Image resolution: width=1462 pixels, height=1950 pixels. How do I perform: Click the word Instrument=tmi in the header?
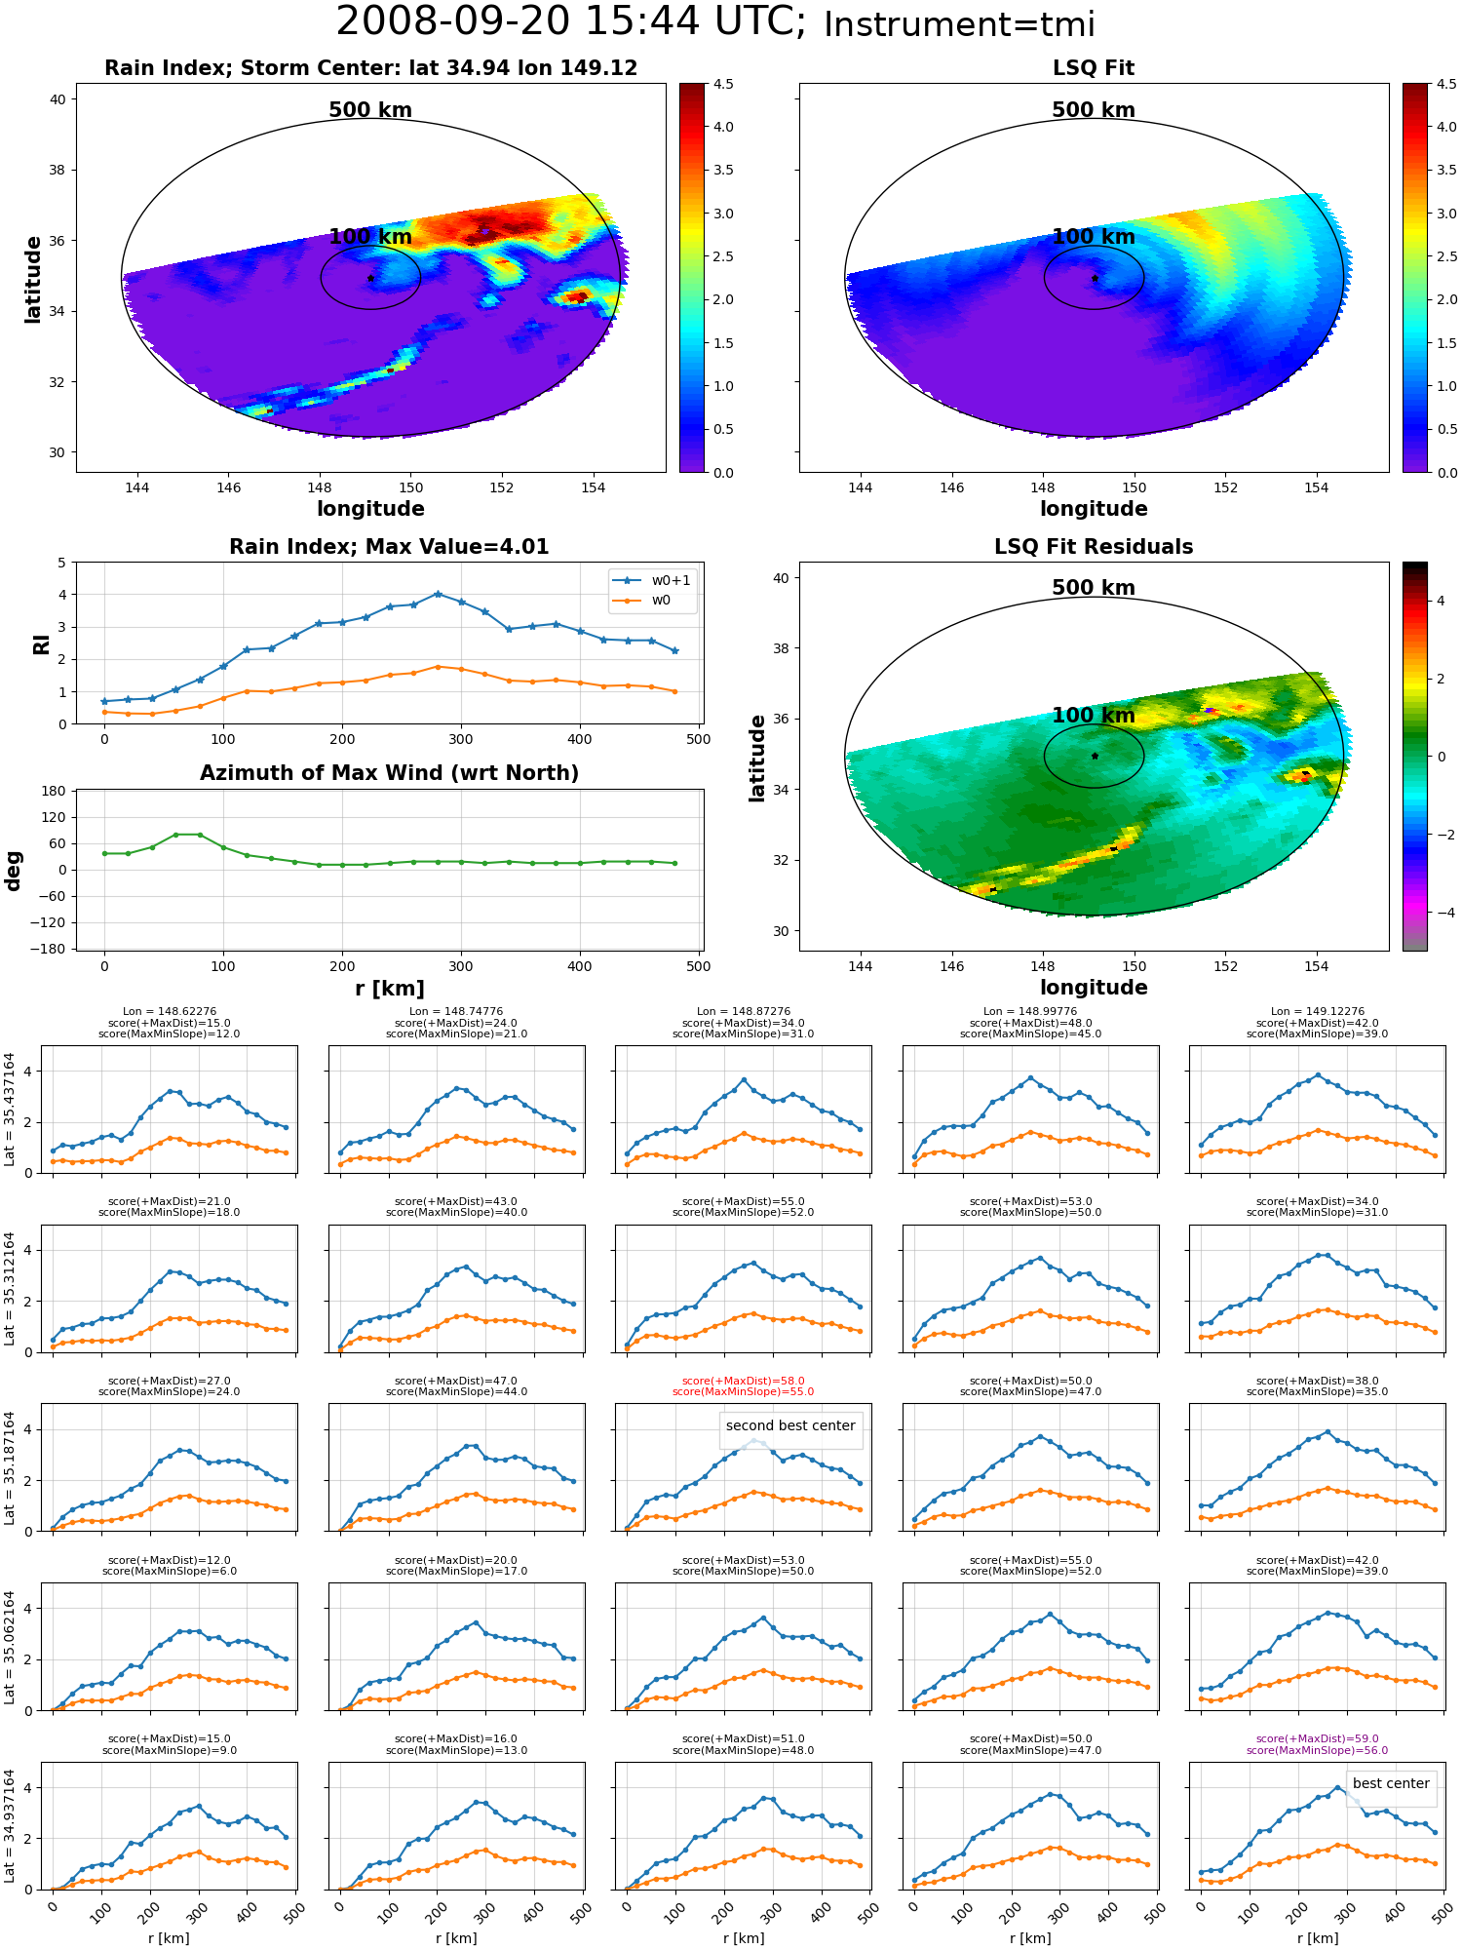pos(959,25)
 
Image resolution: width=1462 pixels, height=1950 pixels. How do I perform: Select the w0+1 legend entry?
pos(652,580)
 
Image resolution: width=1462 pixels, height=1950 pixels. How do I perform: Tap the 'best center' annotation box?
pos(1391,1783)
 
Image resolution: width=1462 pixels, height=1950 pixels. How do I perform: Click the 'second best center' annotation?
pos(790,1425)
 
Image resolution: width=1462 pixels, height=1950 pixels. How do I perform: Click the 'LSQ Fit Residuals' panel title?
pos(1094,547)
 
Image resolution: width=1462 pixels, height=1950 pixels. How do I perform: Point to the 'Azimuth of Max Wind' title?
pos(389,773)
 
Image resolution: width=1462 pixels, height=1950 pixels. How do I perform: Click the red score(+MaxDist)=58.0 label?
pos(743,1382)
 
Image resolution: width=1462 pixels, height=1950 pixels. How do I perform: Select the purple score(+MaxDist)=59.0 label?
pos(1317,1738)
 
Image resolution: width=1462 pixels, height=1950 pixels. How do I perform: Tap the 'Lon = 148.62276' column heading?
pos(170,1012)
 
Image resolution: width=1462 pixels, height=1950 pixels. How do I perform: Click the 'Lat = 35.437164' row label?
pos(10,1110)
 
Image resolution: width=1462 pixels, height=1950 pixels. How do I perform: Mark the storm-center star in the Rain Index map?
pos(370,279)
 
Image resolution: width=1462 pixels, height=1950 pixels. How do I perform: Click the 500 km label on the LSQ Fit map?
pos(1094,110)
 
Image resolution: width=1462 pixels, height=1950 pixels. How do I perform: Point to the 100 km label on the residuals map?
pos(1094,716)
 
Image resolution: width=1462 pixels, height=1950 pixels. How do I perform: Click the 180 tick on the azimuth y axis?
pos(54,791)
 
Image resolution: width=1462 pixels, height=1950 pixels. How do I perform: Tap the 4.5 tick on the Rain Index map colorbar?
pos(723,84)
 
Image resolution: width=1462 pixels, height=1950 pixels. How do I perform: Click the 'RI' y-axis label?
pos(41,643)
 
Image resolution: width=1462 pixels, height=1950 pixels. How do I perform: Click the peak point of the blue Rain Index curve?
pos(438,594)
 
